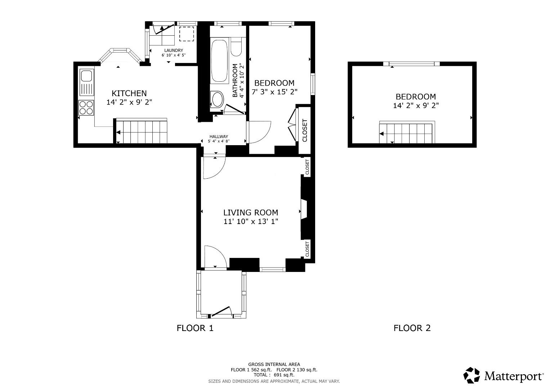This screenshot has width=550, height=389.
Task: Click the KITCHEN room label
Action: [129, 93]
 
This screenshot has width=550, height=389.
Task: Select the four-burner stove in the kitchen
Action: [86, 107]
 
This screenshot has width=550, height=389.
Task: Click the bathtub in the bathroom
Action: [219, 61]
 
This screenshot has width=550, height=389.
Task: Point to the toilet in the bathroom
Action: [236, 48]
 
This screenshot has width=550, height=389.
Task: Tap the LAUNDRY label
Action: [174, 50]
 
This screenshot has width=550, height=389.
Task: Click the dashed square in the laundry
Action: [186, 33]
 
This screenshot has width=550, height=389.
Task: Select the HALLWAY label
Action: [219, 137]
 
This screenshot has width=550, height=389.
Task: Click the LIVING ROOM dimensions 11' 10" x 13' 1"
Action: [251, 221]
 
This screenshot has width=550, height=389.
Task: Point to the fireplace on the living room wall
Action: [304, 209]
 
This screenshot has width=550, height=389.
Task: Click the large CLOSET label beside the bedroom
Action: [305, 130]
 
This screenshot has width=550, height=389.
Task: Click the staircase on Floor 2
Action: [406, 133]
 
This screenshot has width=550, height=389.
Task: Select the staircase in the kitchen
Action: [141, 131]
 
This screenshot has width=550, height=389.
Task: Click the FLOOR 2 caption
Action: [412, 328]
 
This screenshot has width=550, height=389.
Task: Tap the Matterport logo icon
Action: [471, 375]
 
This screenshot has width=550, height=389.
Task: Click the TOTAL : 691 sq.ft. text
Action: [274, 375]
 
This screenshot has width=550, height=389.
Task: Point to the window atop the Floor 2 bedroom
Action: [411, 64]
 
